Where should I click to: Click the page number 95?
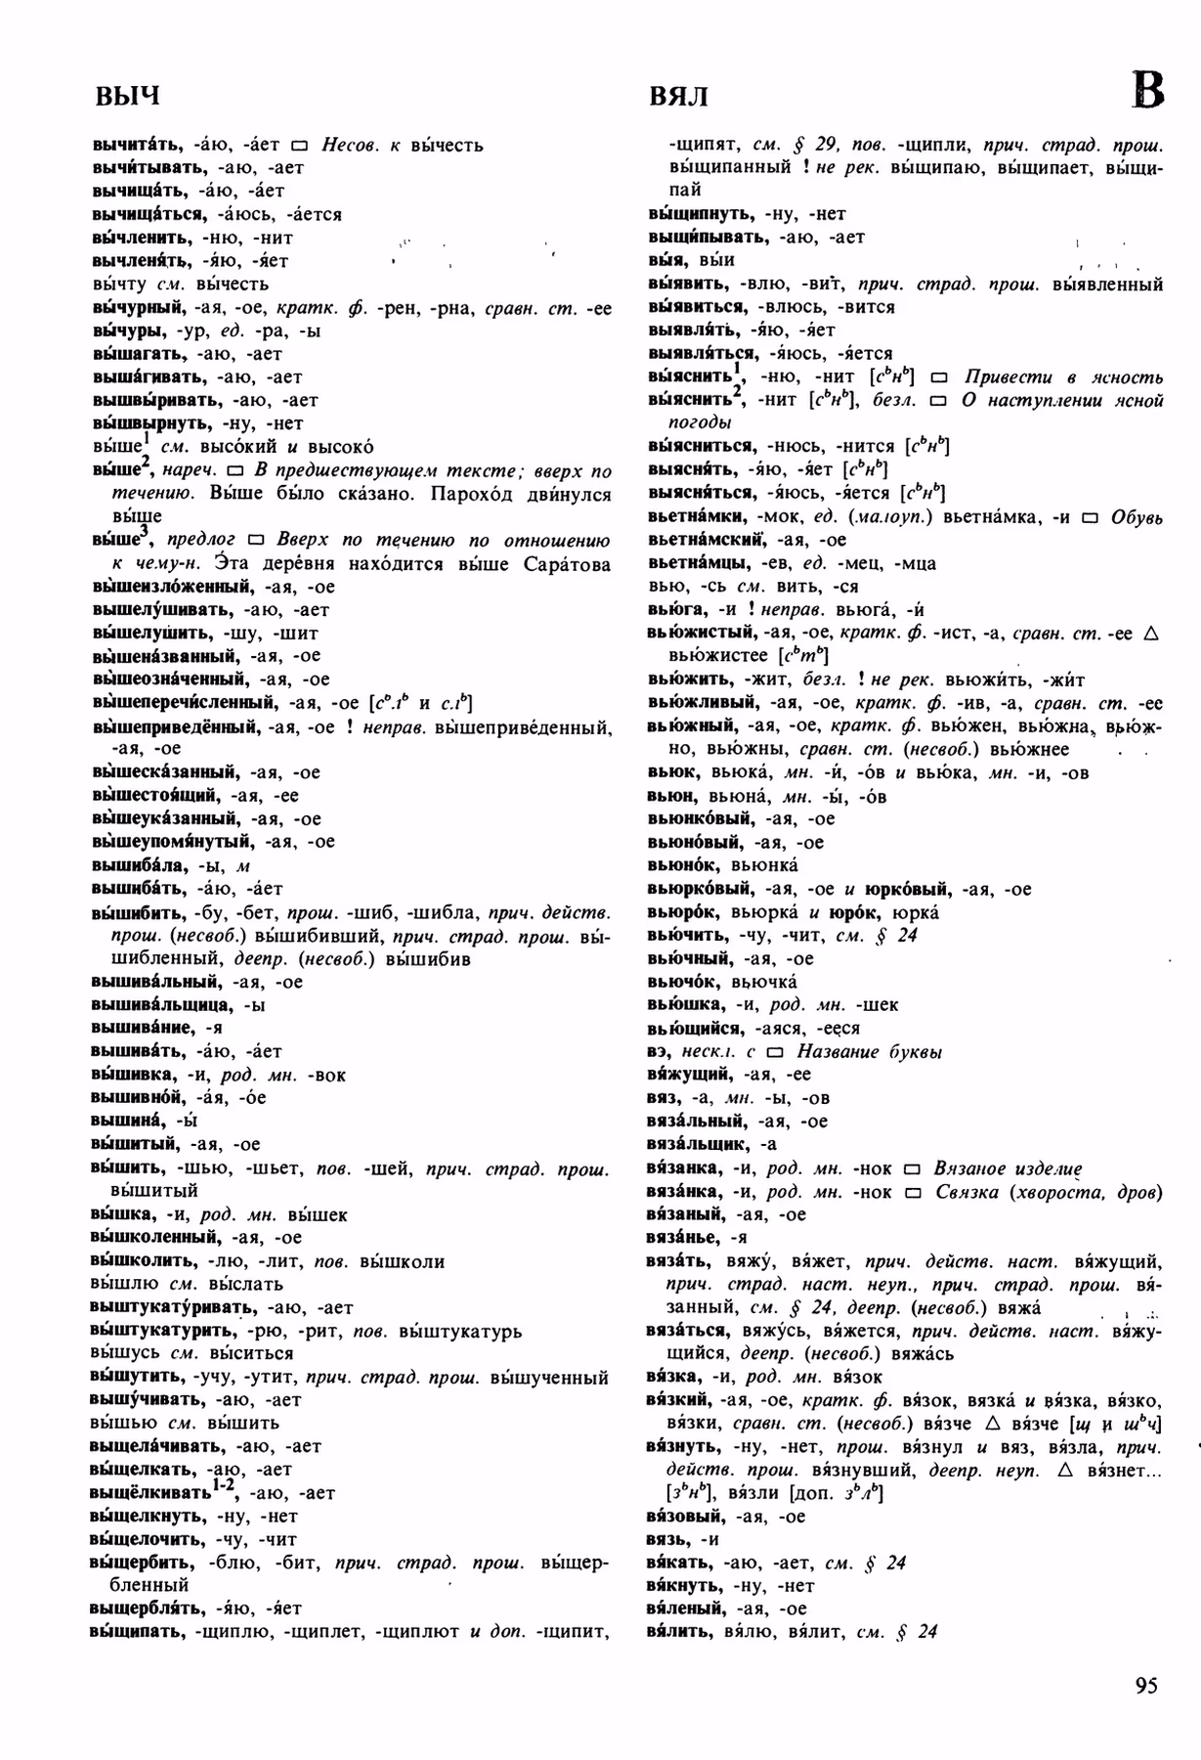pyautogui.click(x=1145, y=1686)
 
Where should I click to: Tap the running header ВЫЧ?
pyautogui.click(x=126, y=96)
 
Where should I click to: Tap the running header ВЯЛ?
pyautogui.click(x=678, y=96)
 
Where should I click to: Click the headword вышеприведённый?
pyautogui.click(x=175, y=726)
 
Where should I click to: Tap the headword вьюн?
pyautogui.click(x=670, y=796)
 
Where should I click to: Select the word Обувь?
pyautogui.click(x=1137, y=517)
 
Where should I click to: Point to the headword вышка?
pyautogui.click(x=121, y=1214)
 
